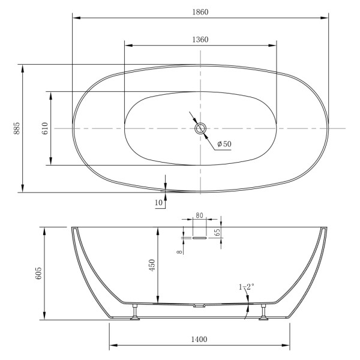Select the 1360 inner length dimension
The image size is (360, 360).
click(200, 40)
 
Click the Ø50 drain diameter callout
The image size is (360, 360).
click(224, 144)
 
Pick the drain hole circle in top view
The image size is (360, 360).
click(200, 128)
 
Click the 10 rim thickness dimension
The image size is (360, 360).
click(159, 203)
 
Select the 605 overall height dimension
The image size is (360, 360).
click(38, 273)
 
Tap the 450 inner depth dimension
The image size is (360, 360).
click(152, 265)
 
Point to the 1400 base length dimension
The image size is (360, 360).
click(200, 340)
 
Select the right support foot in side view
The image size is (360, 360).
click(263, 314)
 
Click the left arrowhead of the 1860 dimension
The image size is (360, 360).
click(76, 17)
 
